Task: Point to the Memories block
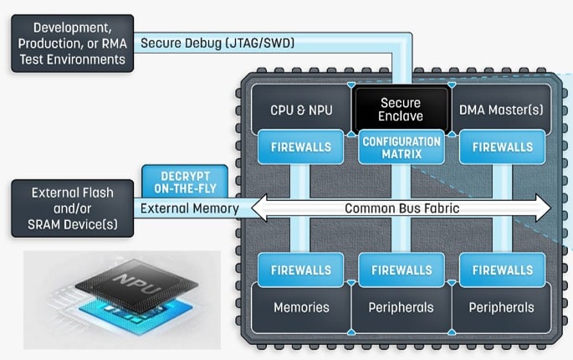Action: click(x=301, y=307)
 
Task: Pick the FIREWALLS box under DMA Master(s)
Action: click(x=502, y=147)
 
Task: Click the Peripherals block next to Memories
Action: click(x=401, y=307)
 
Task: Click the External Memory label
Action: click(x=189, y=208)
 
